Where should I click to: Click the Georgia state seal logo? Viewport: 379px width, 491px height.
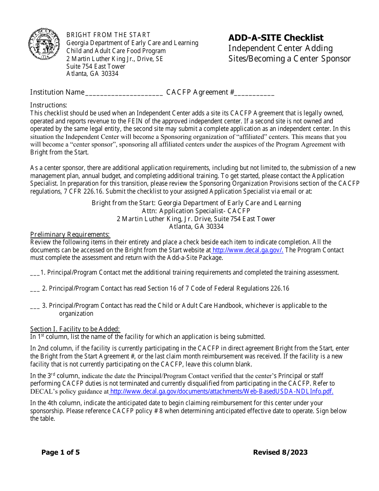pos(44,44)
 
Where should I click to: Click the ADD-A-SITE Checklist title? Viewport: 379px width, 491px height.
pos(276,38)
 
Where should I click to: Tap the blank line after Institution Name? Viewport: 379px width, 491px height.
pos(124,93)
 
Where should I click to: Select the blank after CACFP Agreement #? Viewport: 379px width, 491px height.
pos(254,93)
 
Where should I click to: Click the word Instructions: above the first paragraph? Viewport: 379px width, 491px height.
pos(49,105)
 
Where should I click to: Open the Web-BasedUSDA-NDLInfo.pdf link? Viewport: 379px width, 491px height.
pos(221,392)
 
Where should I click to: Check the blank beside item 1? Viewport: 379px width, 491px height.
pos(35,273)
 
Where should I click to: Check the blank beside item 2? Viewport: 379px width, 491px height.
pos(35,289)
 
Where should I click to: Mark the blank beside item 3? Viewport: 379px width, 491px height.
pos(35,306)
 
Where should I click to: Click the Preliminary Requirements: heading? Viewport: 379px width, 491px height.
pos(70,234)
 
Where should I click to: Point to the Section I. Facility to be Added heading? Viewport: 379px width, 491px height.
pos(75,329)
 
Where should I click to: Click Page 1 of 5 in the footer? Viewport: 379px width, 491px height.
pos(61,452)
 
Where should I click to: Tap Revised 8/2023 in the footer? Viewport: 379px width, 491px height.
pos(280,452)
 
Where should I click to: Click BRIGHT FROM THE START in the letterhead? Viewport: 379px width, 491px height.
pos(108,35)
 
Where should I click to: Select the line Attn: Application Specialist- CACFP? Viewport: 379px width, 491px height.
pos(196,211)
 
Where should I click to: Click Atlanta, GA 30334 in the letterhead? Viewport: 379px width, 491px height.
pos(92,74)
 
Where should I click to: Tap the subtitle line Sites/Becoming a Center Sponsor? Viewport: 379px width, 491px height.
pos(289,59)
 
